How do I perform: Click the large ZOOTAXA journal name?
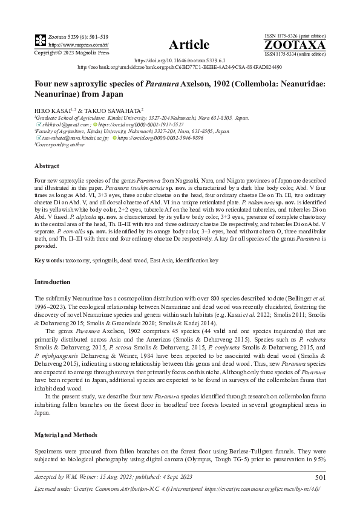295,45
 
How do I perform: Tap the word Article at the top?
189,45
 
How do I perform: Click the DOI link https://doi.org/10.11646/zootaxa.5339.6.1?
180,61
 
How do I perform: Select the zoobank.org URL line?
180,67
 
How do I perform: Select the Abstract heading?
47,166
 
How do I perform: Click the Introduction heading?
52,282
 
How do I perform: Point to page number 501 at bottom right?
320,478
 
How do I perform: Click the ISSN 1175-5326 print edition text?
295,36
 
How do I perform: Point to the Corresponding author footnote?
61,145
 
